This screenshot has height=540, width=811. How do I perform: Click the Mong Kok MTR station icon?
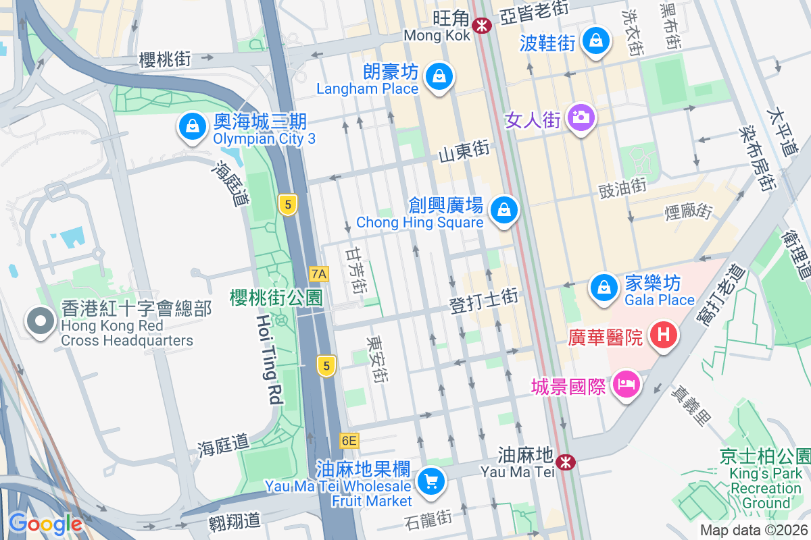click(482, 26)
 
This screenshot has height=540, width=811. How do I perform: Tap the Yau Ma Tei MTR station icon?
click(566, 462)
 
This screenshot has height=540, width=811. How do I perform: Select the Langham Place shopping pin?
click(440, 76)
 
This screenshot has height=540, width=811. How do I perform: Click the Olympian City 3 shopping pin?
click(193, 126)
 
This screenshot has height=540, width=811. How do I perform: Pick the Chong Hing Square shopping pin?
click(504, 210)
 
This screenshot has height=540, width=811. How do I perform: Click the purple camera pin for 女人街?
click(581, 118)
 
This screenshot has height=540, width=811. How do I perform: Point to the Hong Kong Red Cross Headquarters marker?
click(41, 321)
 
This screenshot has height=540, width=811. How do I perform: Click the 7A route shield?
click(319, 273)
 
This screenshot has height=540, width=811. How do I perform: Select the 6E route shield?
click(349, 441)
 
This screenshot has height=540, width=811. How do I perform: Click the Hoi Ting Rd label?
click(270, 358)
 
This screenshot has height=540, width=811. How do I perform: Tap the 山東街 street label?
click(464, 153)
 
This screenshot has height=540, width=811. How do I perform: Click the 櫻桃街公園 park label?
click(276, 298)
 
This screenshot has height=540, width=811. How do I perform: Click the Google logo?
click(45, 523)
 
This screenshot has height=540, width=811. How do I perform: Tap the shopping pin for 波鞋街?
click(597, 42)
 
